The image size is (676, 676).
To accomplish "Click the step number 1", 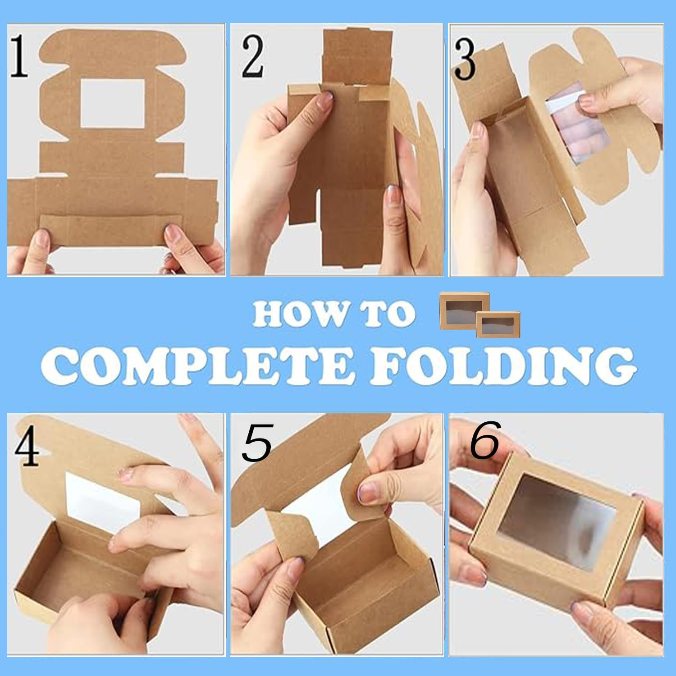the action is pos(19,56).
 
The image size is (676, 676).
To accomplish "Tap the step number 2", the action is pos(252,57).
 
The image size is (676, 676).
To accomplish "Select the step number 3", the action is pos(464,59).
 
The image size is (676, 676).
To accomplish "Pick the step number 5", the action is pos(257,443).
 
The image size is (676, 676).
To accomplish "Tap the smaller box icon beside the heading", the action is pos(498,324).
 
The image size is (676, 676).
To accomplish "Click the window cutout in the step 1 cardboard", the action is pos(113,103).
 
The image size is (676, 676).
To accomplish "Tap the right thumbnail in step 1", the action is pos(172,233).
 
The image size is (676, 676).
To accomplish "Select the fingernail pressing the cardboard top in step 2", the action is pos(326,100).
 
